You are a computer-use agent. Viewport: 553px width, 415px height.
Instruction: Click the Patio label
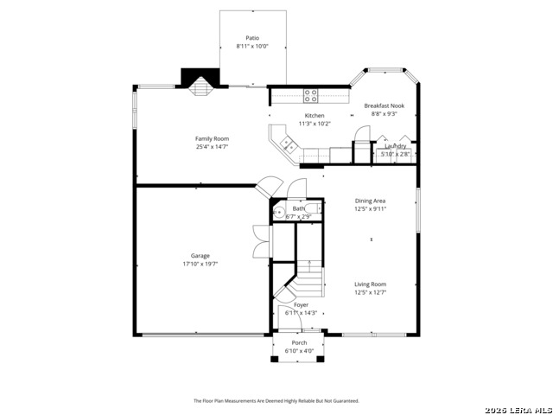252,38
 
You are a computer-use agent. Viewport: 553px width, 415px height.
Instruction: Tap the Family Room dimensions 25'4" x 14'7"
211,147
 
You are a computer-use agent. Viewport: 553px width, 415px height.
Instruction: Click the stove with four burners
310,96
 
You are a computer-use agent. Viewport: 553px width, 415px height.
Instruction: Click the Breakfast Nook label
384,105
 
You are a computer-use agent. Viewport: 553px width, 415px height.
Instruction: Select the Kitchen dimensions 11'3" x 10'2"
315,124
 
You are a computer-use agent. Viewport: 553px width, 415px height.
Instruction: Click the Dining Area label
369,201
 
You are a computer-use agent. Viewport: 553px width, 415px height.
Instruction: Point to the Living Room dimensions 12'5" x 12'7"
370,292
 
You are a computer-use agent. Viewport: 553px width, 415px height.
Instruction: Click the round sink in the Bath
279,212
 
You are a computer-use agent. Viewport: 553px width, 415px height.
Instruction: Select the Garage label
200,256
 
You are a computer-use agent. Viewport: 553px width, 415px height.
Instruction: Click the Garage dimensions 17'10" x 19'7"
200,264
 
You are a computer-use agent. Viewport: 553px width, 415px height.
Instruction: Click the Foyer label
301,305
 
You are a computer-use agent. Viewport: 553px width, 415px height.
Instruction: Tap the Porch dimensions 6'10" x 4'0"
299,351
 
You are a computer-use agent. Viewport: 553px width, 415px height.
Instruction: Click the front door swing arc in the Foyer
287,317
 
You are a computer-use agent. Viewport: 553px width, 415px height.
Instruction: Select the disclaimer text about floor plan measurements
276,401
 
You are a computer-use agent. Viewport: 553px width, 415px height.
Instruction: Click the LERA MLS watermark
518,408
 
